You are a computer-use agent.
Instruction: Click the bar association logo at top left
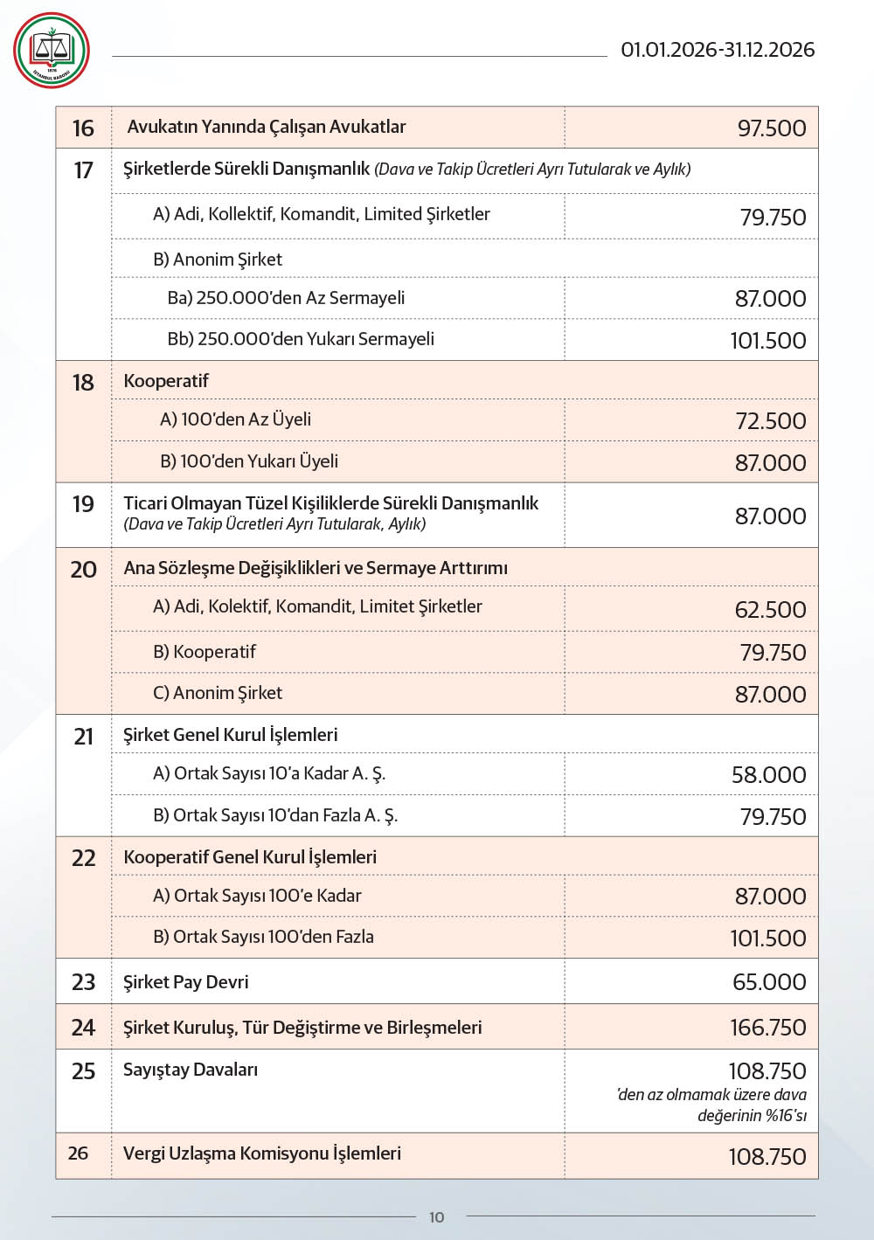(x=52, y=51)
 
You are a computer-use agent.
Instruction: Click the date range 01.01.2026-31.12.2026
(x=718, y=50)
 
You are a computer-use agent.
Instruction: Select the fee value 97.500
(x=772, y=128)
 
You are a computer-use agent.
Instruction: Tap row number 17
(x=83, y=170)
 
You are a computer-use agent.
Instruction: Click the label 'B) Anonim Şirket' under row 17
(x=218, y=260)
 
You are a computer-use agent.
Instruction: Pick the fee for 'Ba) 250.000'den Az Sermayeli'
(x=770, y=299)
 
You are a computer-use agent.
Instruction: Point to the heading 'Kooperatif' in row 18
(x=166, y=381)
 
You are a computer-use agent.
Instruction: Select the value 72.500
(x=770, y=421)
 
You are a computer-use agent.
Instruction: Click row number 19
(x=83, y=504)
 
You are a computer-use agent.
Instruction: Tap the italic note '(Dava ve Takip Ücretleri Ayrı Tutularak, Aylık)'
(x=274, y=524)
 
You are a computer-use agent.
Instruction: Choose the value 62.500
(x=770, y=610)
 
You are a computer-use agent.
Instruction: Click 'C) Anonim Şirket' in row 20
(x=218, y=693)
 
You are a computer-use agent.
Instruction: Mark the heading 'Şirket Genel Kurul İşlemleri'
(x=231, y=735)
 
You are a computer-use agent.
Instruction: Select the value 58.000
(x=768, y=775)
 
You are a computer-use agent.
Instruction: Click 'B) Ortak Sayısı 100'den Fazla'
(x=263, y=937)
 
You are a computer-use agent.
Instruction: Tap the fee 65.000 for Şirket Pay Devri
(x=769, y=982)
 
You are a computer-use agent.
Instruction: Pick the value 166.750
(x=767, y=1028)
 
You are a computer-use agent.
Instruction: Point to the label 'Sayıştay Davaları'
(x=191, y=1070)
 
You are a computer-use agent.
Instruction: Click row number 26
(x=78, y=1153)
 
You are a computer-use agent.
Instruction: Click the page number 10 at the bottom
(x=437, y=1217)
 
